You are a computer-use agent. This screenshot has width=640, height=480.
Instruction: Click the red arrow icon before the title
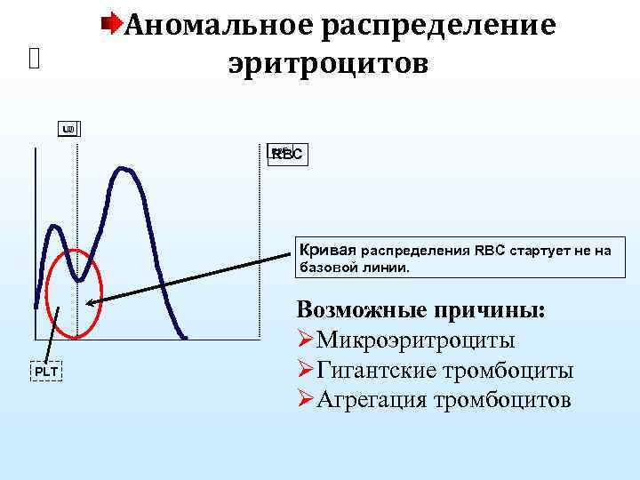tap(113, 20)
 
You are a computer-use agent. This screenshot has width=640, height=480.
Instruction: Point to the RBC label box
tap(286, 154)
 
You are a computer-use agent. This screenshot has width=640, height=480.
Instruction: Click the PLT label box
tap(46, 370)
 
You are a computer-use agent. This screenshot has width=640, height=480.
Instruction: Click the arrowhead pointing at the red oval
tap(92, 302)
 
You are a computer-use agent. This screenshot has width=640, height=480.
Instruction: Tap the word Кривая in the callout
tap(327, 250)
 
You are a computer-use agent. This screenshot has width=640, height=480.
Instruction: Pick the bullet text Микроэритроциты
tap(416, 340)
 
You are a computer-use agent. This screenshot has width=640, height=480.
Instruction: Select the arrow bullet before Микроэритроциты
tap(306, 340)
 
